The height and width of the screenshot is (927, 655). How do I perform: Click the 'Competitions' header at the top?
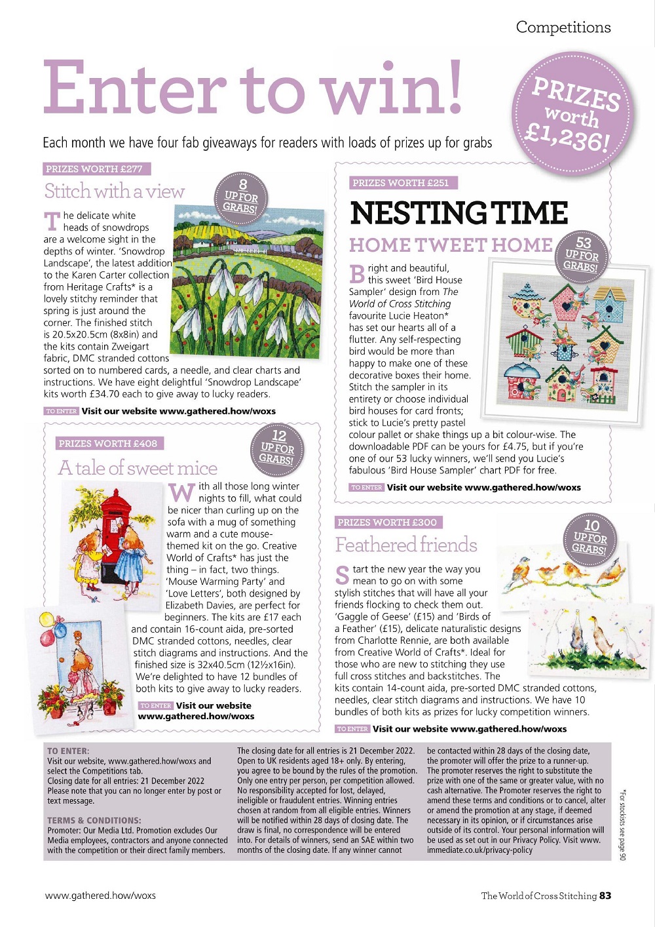point(563,28)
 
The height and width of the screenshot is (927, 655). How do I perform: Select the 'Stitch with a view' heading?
point(115,191)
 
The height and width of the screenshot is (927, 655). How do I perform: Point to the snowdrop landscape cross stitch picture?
point(248,280)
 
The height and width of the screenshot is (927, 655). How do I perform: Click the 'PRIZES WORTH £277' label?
point(94,169)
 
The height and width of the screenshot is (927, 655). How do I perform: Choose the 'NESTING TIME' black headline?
point(458,213)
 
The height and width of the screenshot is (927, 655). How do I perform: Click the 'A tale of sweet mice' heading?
point(138,468)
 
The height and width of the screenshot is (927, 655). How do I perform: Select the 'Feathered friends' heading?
point(406,545)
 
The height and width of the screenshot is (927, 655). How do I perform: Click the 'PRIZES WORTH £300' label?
point(387,523)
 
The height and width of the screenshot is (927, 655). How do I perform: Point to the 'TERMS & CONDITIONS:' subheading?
point(94,820)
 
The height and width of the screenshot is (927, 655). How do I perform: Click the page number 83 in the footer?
point(605,896)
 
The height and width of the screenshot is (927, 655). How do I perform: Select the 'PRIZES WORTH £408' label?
point(108,444)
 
